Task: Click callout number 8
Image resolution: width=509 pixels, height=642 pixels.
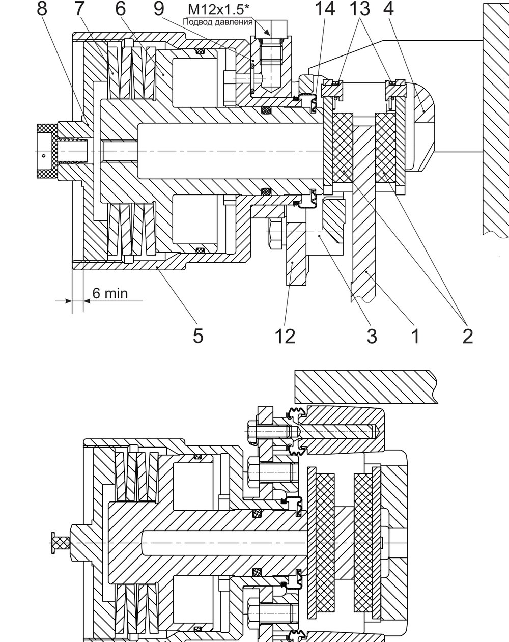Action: pyautogui.click(x=42, y=8)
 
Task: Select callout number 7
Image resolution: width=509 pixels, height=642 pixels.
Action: pyautogui.click(x=79, y=8)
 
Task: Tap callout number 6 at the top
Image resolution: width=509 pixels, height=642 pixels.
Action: pyautogui.click(x=120, y=8)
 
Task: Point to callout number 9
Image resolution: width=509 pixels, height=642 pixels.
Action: pyautogui.click(x=159, y=8)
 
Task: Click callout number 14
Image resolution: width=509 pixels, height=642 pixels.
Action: pyautogui.click(x=325, y=8)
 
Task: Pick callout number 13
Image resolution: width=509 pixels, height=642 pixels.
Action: pyautogui.click(x=360, y=8)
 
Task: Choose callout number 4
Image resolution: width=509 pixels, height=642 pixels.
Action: pyautogui.click(x=388, y=8)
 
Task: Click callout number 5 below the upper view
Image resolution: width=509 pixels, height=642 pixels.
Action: pyautogui.click(x=198, y=336)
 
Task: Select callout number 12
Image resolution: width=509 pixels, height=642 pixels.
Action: pyautogui.click(x=285, y=336)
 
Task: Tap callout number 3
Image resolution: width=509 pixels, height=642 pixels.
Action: pyautogui.click(x=372, y=336)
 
